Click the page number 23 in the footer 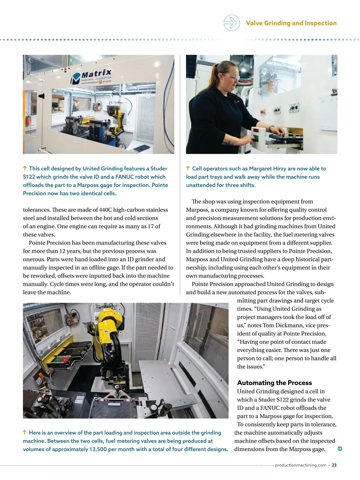coord(334,465)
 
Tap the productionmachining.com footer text coord(301,465)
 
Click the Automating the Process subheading coord(274,382)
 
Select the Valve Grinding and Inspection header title coord(291,23)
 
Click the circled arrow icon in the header coord(232,23)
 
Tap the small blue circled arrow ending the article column coord(340,449)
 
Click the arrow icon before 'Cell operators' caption coord(188,168)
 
